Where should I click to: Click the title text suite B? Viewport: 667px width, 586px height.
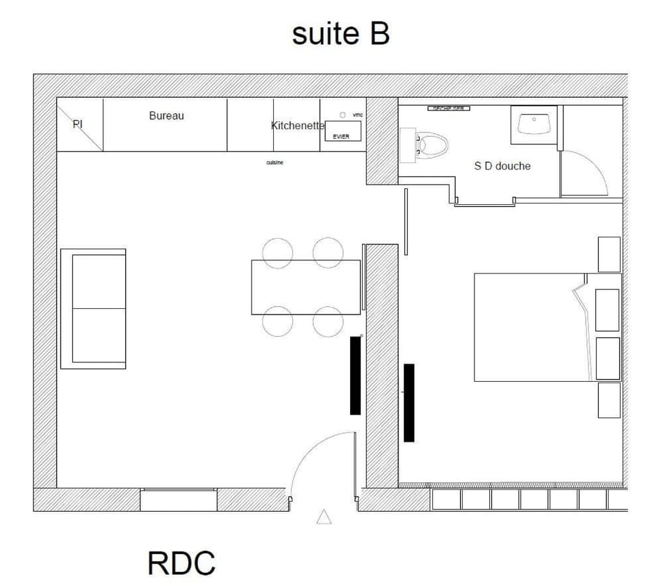pyautogui.click(x=340, y=33)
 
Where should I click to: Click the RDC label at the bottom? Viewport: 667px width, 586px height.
pyautogui.click(x=181, y=562)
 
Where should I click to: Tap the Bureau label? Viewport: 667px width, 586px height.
pyautogui.click(x=167, y=116)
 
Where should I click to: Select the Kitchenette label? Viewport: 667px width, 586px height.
pyautogui.click(x=297, y=126)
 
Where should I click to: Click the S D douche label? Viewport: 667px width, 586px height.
pyautogui.click(x=502, y=166)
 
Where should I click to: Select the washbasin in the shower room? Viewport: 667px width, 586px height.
pyautogui.click(x=534, y=124)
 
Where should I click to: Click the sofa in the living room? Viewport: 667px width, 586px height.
pyautogui.click(x=94, y=308)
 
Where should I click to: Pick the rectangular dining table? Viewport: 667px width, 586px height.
pyautogui.click(x=306, y=287)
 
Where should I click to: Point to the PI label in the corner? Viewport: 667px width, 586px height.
pyautogui.click(x=78, y=124)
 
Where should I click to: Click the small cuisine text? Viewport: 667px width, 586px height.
pyautogui.click(x=274, y=162)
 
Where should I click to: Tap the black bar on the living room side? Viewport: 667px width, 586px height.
pyautogui.click(x=355, y=375)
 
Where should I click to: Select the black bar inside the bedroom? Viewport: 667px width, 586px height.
pyautogui.click(x=409, y=402)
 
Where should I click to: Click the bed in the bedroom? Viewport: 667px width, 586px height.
pyautogui.click(x=532, y=327)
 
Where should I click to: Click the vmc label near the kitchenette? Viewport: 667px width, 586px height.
pyautogui.click(x=358, y=115)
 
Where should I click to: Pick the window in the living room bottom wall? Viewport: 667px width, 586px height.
pyautogui.click(x=179, y=499)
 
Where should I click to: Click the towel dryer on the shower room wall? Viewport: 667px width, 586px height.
pyautogui.click(x=449, y=108)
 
